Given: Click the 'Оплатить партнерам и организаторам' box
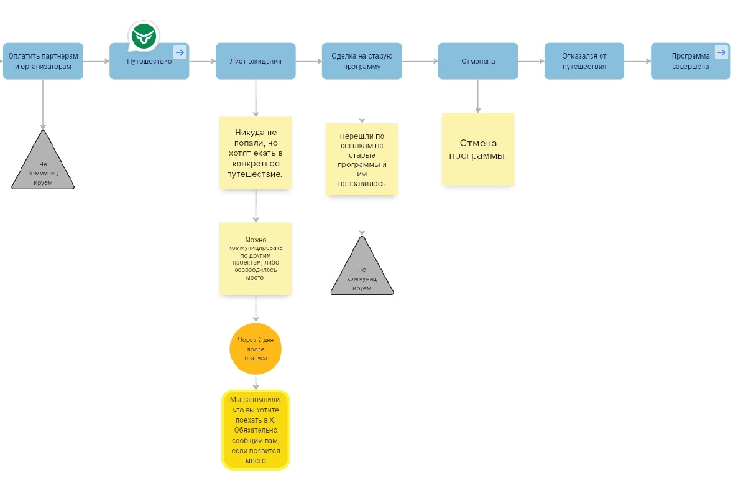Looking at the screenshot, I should tap(43, 61).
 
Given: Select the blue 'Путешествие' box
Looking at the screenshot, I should tap(149, 62).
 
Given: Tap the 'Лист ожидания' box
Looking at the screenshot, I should tap(256, 61).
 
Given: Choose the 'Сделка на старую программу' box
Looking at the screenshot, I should tap(362, 61).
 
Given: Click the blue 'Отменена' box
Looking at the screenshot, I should tap(477, 61).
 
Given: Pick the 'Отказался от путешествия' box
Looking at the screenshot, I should tap(584, 61).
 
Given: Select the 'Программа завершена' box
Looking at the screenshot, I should tap(690, 61).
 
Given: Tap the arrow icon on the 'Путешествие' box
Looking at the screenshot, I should tap(180, 52).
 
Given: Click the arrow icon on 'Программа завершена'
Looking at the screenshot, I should tap(721, 52).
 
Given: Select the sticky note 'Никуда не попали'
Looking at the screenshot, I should tap(256, 153).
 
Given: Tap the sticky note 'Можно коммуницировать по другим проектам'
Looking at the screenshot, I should tap(256, 258).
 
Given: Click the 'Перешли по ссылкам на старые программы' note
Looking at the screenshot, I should tap(362, 159).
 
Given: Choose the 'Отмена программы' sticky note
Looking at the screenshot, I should tap(478, 149).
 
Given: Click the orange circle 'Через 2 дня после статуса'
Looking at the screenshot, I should tap(256, 349).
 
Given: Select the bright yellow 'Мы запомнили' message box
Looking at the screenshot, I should tap(256, 430).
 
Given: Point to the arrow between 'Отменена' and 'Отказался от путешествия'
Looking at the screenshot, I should tap(531, 61).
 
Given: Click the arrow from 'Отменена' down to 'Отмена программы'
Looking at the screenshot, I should tap(477, 96).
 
